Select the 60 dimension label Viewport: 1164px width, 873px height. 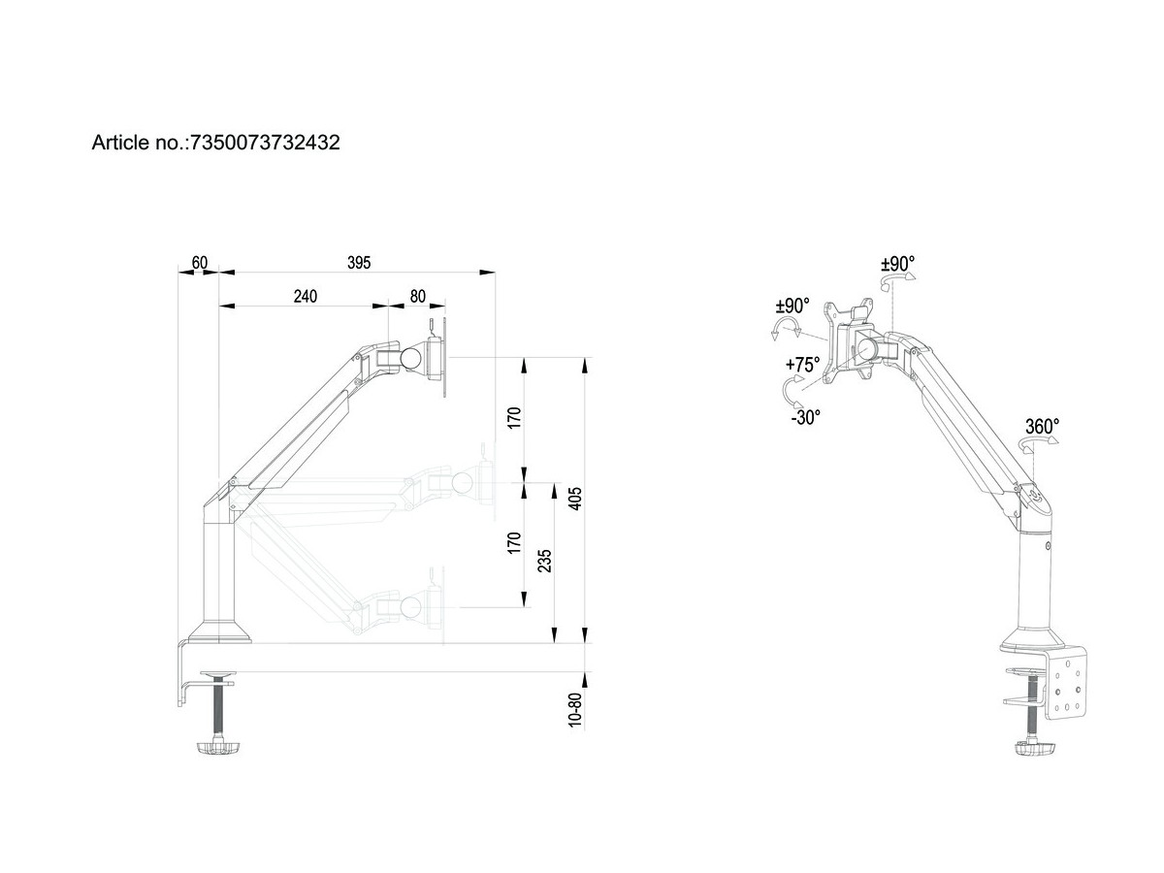(x=200, y=262)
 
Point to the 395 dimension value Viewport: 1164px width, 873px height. (x=359, y=262)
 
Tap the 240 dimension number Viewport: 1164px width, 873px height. (x=305, y=296)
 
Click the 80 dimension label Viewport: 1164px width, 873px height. (x=418, y=296)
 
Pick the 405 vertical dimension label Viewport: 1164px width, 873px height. (x=574, y=499)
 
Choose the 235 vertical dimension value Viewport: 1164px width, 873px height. (x=544, y=563)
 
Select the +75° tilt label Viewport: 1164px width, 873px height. (x=802, y=365)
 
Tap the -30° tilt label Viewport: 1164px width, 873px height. (x=805, y=416)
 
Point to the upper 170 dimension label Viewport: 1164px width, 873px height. (x=515, y=417)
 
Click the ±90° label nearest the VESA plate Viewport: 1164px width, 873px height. (x=792, y=306)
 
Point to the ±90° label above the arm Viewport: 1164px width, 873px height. (x=897, y=263)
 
